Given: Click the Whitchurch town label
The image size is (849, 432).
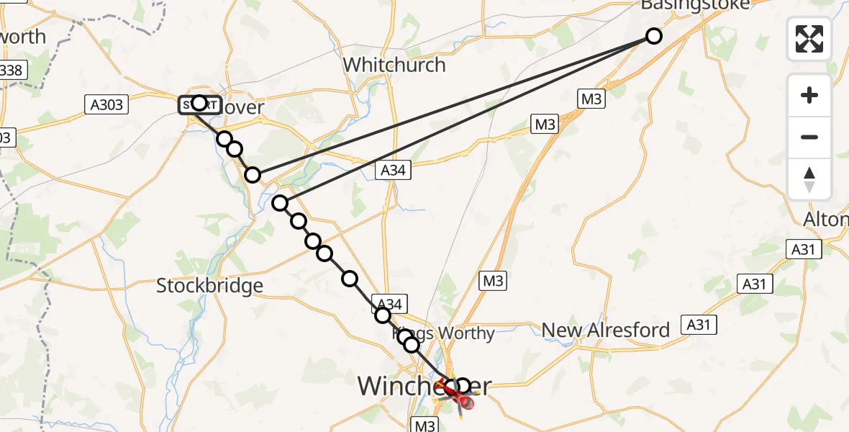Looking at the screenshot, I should (394, 65).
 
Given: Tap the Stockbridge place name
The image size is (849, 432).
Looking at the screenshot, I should (210, 286).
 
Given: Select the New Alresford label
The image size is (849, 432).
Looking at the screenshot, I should (606, 330).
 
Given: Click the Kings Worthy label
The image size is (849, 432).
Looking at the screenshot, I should (444, 334).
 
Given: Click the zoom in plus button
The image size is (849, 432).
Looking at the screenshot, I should (809, 96).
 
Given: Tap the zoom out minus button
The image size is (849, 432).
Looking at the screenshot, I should (809, 137).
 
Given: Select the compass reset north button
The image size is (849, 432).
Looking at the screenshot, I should (809, 179).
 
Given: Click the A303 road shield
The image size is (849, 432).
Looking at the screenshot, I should (106, 105).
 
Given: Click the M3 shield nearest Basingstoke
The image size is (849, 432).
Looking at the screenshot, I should (591, 99).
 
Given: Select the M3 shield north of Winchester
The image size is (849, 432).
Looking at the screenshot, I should (494, 281).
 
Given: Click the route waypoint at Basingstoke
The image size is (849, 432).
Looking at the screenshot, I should (653, 35).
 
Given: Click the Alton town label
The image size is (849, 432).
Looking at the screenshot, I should (827, 219).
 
